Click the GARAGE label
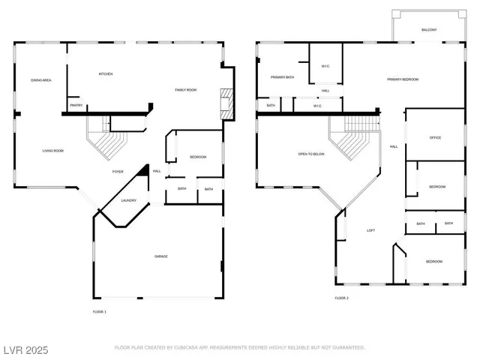pyautogui.click(x=161, y=256)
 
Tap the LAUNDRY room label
pyautogui.click(x=128, y=200)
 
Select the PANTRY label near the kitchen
pyautogui.click(x=76, y=106)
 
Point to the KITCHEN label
pyautogui.click(x=106, y=73)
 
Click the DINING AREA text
pyautogui.click(x=40, y=79)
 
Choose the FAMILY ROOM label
pyautogui.click(x=185, y=90)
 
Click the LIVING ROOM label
pyautogui.click(x=52, y=151)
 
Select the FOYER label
pyautogui.click(x=118, y=172)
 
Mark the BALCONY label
pyautogui.click(x=429, y=30)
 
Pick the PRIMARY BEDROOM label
pyautogui.click(x=403, y=79)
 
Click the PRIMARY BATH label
pyautogui.click(x=282, y=76)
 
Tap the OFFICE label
pyautogui.click(x=435, y=138)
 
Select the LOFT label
pyautogui.click(x=370, y=230)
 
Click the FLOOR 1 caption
pyautogui.click(x=100, y=310)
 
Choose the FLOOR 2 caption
pyautogui.click(x=342, y=298)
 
